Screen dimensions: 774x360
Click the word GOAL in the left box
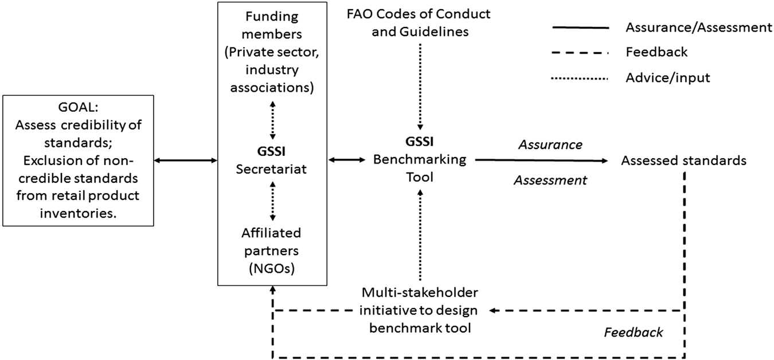click(x=78, y=107)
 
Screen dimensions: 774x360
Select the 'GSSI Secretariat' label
click(x=272, y=161)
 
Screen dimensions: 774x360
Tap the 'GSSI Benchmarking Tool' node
click(x=420, y=159)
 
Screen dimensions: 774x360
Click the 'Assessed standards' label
click(x=683, y=161)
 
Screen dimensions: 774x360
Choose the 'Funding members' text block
click(x=272, y=52)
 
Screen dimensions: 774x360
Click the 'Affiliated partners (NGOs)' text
click(x=272, y=251)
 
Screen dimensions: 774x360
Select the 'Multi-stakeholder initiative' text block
click(x=420, y=310)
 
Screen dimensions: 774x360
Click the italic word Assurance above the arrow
click(x=550, y=145)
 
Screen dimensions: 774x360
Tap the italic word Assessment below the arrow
click(x=550, y=180)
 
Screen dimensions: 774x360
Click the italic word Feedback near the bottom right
click(x=634, y=332)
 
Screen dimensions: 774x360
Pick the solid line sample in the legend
click(x=580, y=28)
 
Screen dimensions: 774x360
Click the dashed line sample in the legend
click(x=580, y=53)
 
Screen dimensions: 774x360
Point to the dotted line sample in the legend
click(x=580, y=79)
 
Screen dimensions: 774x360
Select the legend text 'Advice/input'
click(x=667, y=78)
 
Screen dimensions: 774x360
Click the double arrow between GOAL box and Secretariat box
click(x=186, y=161)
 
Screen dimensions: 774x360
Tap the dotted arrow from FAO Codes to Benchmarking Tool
click(x=420, y=87)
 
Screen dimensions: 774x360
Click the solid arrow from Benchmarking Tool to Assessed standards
click(x=541, y=161)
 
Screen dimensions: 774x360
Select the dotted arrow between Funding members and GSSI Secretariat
click(x=273, y=120)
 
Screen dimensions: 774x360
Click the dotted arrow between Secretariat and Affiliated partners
click(x=273, y=201)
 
